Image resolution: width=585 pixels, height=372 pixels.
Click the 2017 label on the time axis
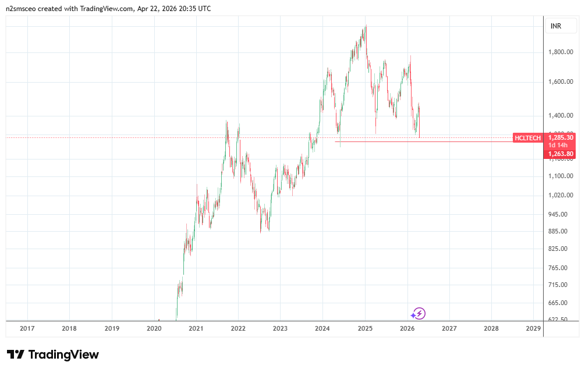(x=27, y=329)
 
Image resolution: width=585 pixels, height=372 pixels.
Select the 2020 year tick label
(x=154, y=329)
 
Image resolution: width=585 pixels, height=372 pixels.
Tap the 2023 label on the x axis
(x=280, y=329)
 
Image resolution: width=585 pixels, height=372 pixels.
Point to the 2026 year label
(x=407, y=329)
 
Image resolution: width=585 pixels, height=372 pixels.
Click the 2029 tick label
(x=533, y=329)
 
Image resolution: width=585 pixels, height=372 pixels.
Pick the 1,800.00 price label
(x=561, y=52)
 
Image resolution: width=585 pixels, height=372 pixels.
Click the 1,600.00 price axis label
(x=561, y=82)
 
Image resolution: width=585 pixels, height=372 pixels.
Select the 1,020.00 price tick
(x=561, y=195)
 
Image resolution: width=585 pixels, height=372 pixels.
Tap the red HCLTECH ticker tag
(x=528, y=138)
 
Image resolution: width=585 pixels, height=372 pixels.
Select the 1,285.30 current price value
(x=561, y=137)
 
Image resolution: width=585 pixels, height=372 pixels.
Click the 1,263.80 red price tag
(x=561, y=154)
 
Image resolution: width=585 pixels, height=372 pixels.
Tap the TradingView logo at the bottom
(x=53, y=355)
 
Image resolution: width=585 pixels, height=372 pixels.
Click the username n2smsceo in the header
(x=22, y=9)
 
